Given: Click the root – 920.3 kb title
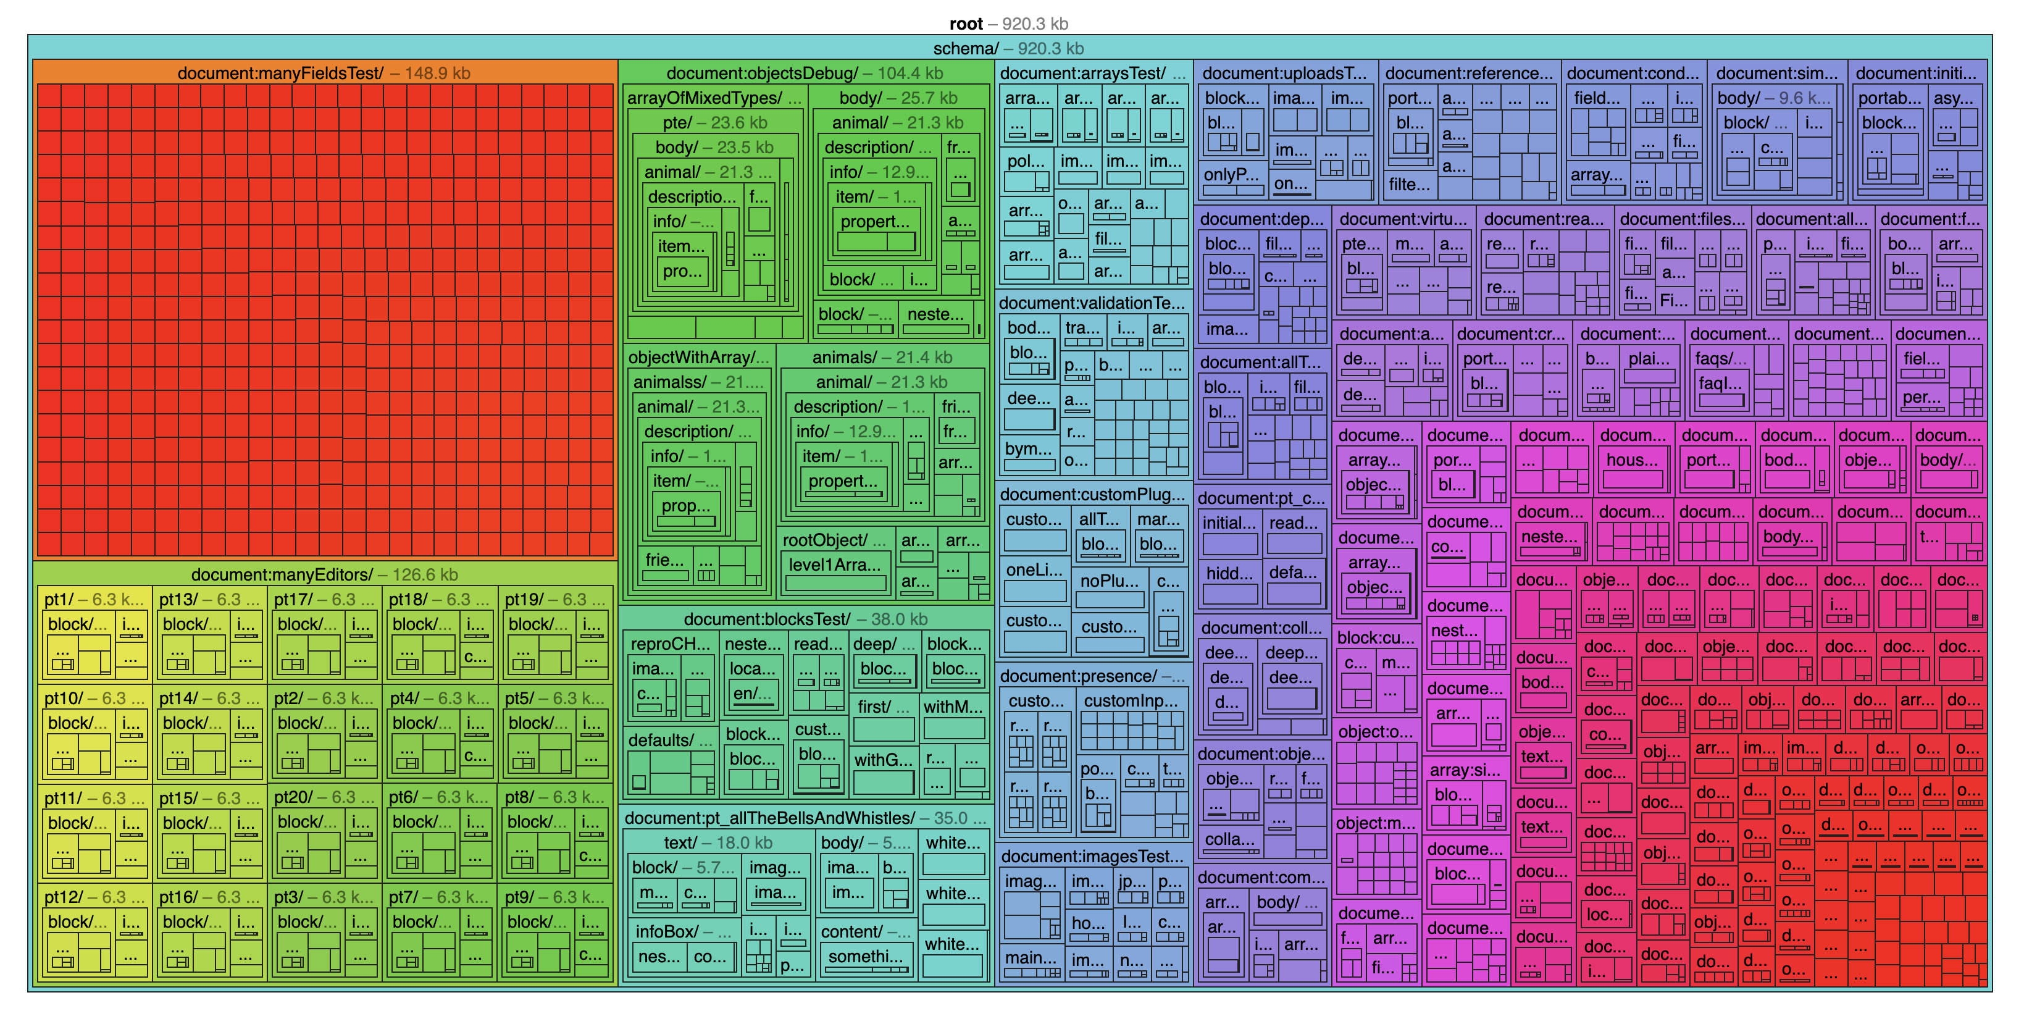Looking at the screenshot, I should tap(1008, 23).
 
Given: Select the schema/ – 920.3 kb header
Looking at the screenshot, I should tap(1008, 49).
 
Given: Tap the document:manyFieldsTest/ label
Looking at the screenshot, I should tap(324, 73).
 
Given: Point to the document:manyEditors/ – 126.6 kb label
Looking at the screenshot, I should tap(324, 574).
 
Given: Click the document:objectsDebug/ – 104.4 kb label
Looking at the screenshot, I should tap(805, 73).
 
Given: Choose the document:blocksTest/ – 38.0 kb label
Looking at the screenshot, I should tap(805, 619).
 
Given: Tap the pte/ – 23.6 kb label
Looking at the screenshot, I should tap(714, 123).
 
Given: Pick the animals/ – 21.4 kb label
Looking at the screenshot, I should tap(882, 358).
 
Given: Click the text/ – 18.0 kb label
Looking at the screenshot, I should tap(717, 843).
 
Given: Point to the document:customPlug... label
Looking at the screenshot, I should tap(1092, 494).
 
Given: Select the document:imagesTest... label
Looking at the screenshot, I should tap(1092, 857).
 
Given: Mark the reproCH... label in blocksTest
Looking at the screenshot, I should tap(669, 644).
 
